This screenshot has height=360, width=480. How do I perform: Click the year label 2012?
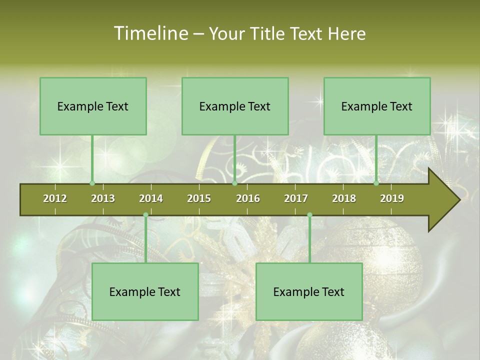(x=55, y=198)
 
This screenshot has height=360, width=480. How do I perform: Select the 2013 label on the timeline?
(x=103, y=198)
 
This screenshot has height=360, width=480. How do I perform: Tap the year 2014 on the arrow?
(x=151, y=198)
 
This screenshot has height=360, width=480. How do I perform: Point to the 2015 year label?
(x=199, y=198)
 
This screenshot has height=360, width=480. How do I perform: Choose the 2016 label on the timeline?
(x=248, y=198)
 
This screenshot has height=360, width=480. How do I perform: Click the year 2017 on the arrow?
(x=296, y=198)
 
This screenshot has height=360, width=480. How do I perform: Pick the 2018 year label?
(x=344, y=198)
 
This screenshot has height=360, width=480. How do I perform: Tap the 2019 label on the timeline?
(x=392, y=198)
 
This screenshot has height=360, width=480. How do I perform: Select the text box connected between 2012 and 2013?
(x=93, y=106)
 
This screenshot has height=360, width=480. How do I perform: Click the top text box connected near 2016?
(x=235, y=106)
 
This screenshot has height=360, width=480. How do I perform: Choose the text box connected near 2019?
(x=377, y=106)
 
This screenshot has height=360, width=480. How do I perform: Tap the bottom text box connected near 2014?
(x=145, y=292)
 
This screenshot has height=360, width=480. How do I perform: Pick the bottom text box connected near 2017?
(x=309, y=292)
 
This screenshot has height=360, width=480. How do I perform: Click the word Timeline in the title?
(x=150, y=33)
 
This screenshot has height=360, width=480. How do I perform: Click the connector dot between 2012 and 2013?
(x=92, y=183)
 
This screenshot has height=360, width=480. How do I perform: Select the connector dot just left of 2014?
(x=145, y=214)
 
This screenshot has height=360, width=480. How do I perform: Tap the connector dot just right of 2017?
(x=309, y=214)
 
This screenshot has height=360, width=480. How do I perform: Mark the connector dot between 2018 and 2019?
(x=376, y=183)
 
